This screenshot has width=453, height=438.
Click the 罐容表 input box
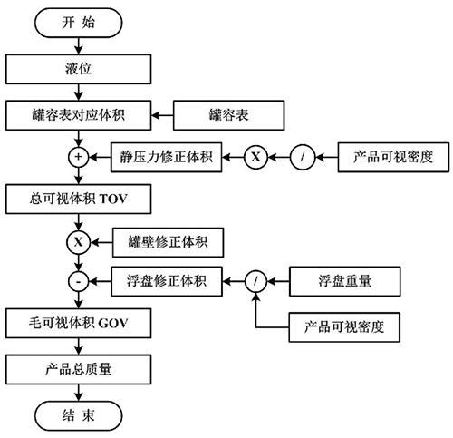click(216, 116)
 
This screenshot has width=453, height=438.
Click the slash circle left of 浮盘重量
click(255, 281)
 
